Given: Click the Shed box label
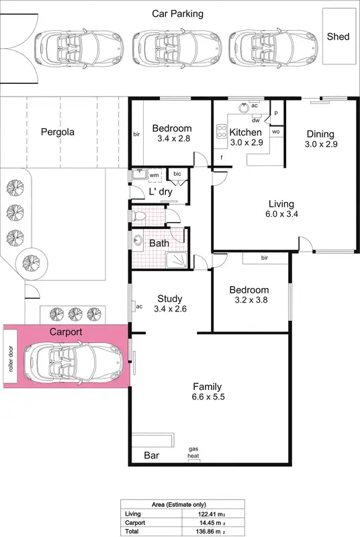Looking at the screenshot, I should coord(338,36).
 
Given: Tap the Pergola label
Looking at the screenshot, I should coord(56,132).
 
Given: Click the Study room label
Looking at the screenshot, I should coord(170,299).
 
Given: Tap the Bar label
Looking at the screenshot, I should coord(152,455).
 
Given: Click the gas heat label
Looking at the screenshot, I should coord(193,452).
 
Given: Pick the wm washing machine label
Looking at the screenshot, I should coord(154,175).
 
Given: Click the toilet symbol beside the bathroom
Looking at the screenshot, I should coord(139,216).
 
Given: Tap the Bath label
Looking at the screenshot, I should coord(159,243).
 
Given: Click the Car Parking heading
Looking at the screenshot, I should coord(177,13).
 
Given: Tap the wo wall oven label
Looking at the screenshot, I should coord(275,132).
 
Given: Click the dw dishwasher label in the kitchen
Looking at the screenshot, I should coord(256,120).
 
